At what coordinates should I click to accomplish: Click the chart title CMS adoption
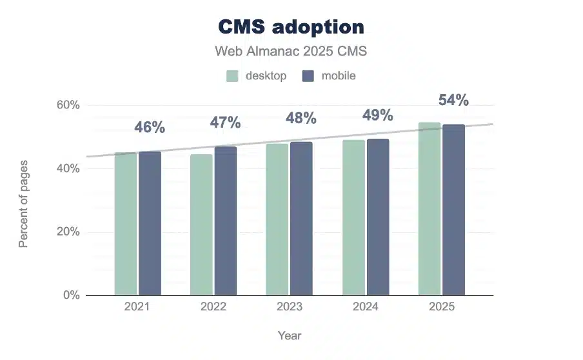point(291,27)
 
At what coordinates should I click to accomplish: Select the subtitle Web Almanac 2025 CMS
point(291,50)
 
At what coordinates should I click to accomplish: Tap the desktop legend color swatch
point(232,75)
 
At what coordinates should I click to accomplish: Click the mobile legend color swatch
point(308,75)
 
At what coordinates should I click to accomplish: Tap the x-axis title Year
point(290,335)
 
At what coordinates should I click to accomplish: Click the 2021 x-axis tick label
point(137,307)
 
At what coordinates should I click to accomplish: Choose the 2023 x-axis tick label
point(289,307)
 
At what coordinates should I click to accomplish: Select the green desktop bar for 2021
point(126,224)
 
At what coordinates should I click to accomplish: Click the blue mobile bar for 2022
point(226,221)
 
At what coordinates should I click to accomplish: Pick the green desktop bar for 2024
point(353,217)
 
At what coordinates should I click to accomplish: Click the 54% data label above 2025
point(453,100)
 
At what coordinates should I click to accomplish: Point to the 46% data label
point(150,127)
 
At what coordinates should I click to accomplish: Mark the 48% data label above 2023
point(301,118)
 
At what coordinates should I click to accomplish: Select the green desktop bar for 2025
point(430,209)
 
